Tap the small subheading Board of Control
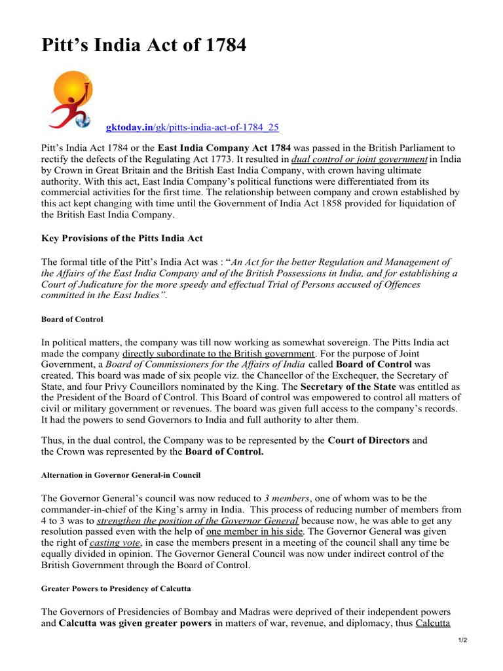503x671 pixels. [72, 319]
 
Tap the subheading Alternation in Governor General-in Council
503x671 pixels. [121, 474]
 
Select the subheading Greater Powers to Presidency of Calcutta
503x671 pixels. [116, 588]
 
